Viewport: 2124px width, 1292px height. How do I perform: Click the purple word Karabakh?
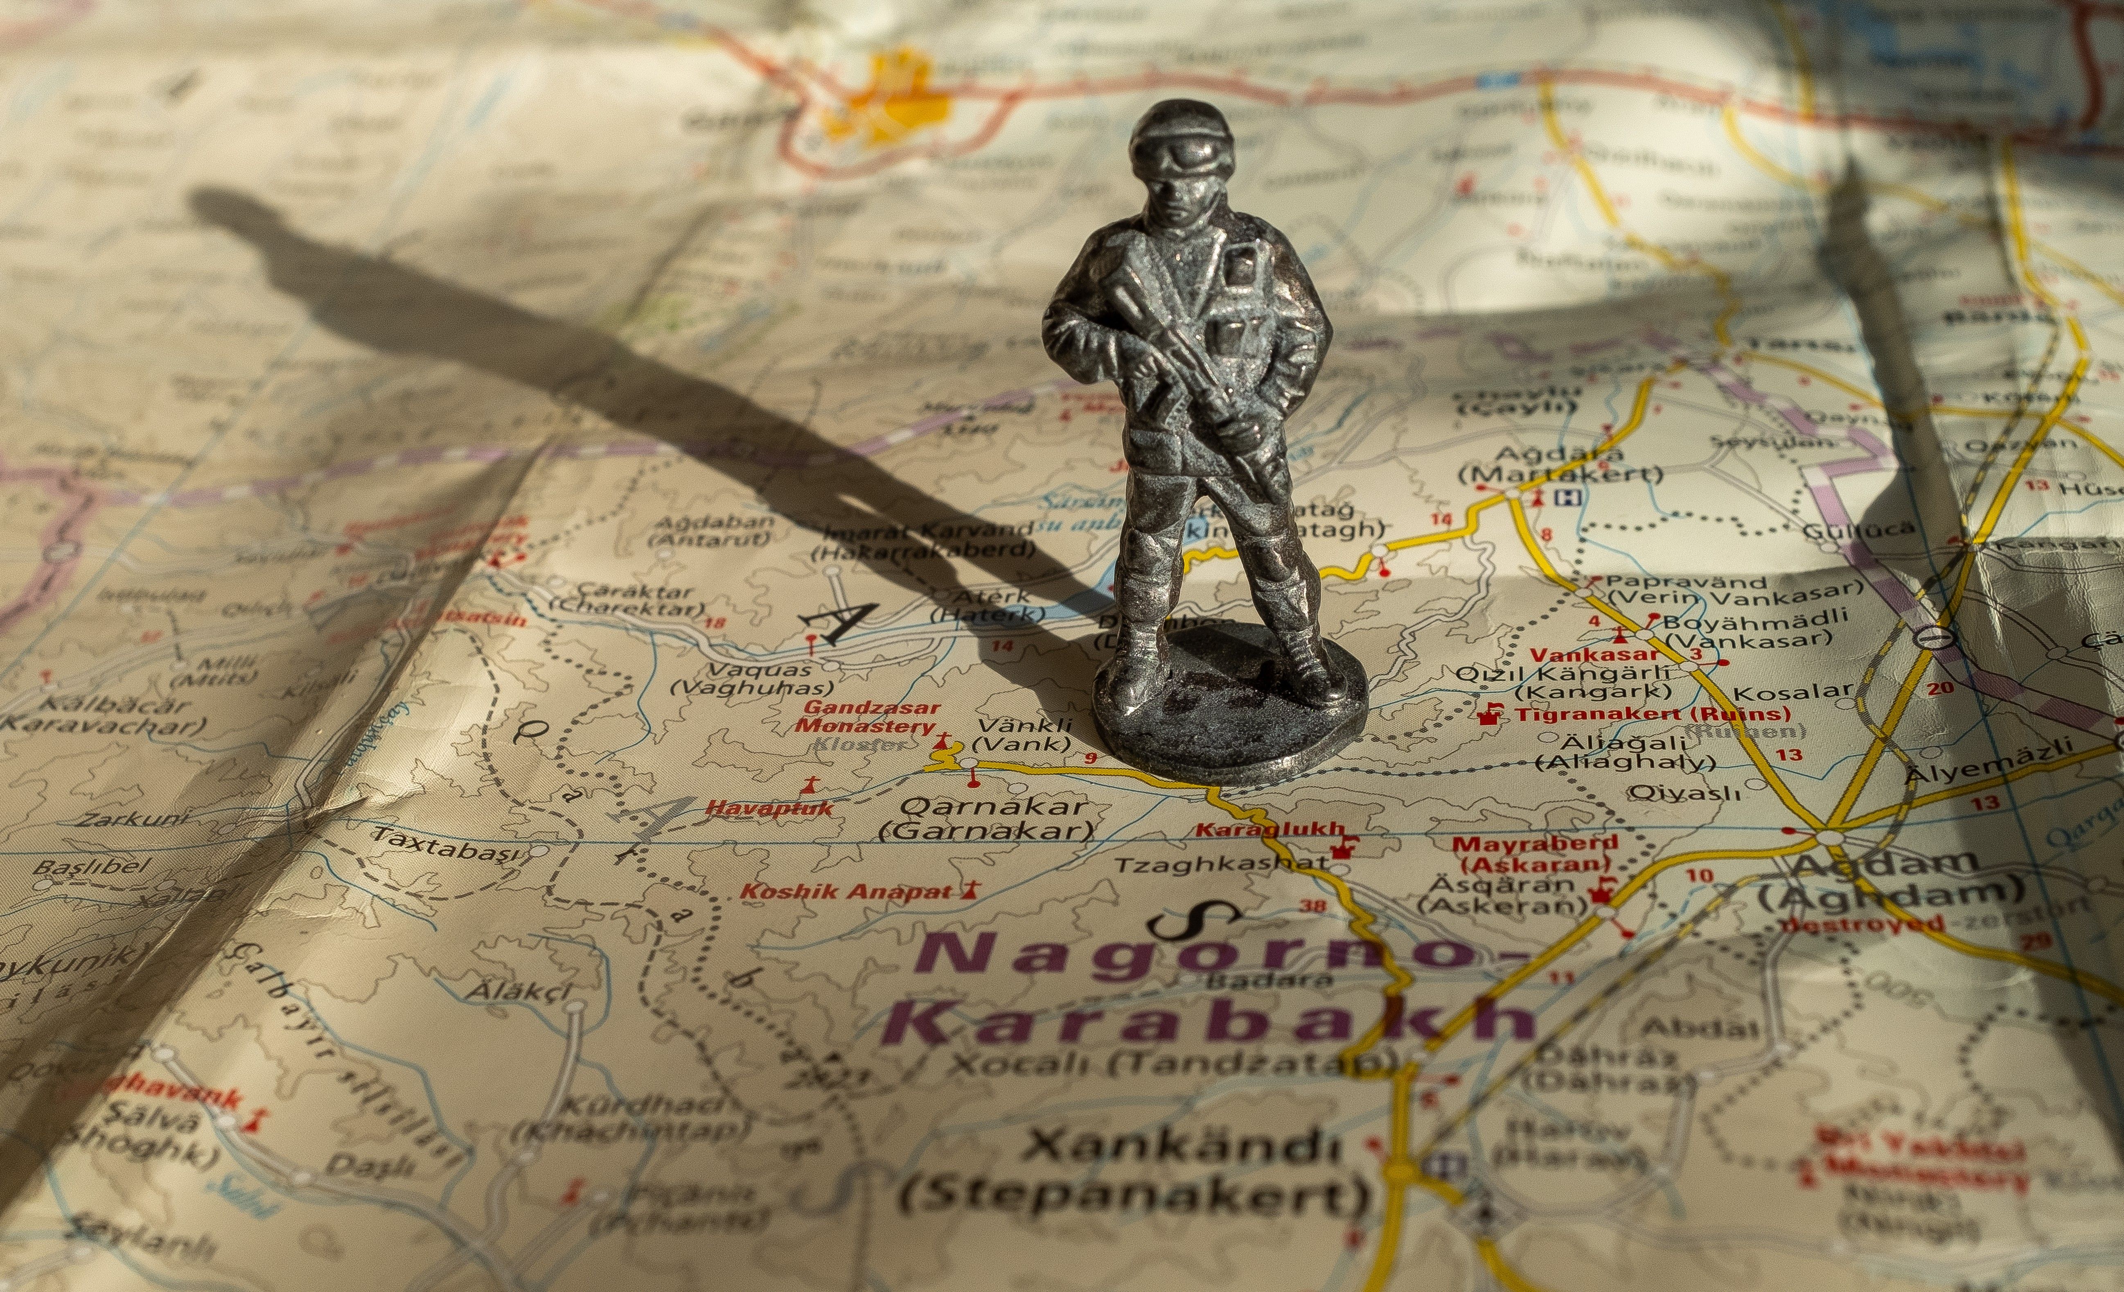[x=1207, y=1021]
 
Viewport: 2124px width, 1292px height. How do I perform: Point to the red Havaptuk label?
[x=770, y=807]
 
